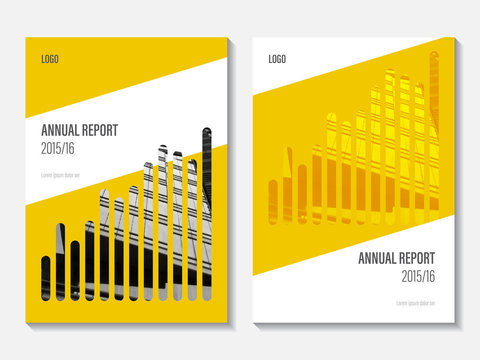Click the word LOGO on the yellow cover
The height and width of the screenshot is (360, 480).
[49, 59]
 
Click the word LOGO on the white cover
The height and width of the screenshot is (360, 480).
[277, 59]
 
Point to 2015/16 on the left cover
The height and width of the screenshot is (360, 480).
[58, 146]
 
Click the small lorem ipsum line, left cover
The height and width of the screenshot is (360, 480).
[60, 175]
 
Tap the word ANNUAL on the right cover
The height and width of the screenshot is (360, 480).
[378, 258]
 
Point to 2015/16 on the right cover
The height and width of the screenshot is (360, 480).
[419, 275]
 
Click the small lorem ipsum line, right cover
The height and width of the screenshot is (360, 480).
[417, 303]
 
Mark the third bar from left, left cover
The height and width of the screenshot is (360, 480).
[75, 270]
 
